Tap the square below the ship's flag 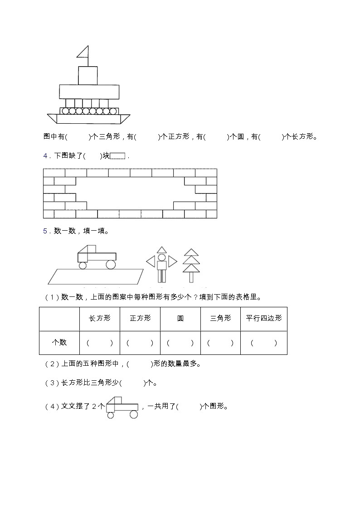(88, 75)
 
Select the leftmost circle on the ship (65, 111)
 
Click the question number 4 (46, 156)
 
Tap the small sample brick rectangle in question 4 (117, 156)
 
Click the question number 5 (46, 231)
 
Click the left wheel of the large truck (83, 265)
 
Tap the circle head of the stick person (162, 257)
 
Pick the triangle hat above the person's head (162, 250)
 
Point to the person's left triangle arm (151, 262)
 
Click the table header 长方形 (100, 318)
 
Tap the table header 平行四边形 (263, 318)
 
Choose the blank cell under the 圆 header (180, 343)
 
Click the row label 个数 (59, 343)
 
